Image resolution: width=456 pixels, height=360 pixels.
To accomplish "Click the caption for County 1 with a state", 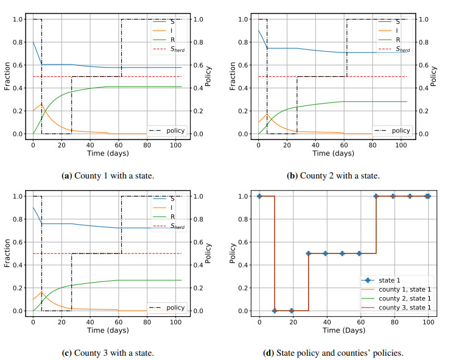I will coord(108,176).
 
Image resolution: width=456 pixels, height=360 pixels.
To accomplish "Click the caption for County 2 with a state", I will coord(333,176).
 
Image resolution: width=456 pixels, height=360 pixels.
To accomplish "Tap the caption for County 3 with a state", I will coord(108,353).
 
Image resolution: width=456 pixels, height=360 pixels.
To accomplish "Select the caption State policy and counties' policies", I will coord(333,353).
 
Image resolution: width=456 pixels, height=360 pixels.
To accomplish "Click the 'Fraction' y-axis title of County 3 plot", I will coord(7,253).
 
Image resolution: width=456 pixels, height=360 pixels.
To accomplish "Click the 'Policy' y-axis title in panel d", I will coord(233,253).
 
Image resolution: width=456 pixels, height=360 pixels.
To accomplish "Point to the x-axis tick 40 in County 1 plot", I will coord(89,144).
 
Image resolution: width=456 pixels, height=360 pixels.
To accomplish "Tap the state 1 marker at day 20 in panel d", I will coord(292,311).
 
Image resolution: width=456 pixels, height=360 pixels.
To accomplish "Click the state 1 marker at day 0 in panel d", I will coord(259,196).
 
